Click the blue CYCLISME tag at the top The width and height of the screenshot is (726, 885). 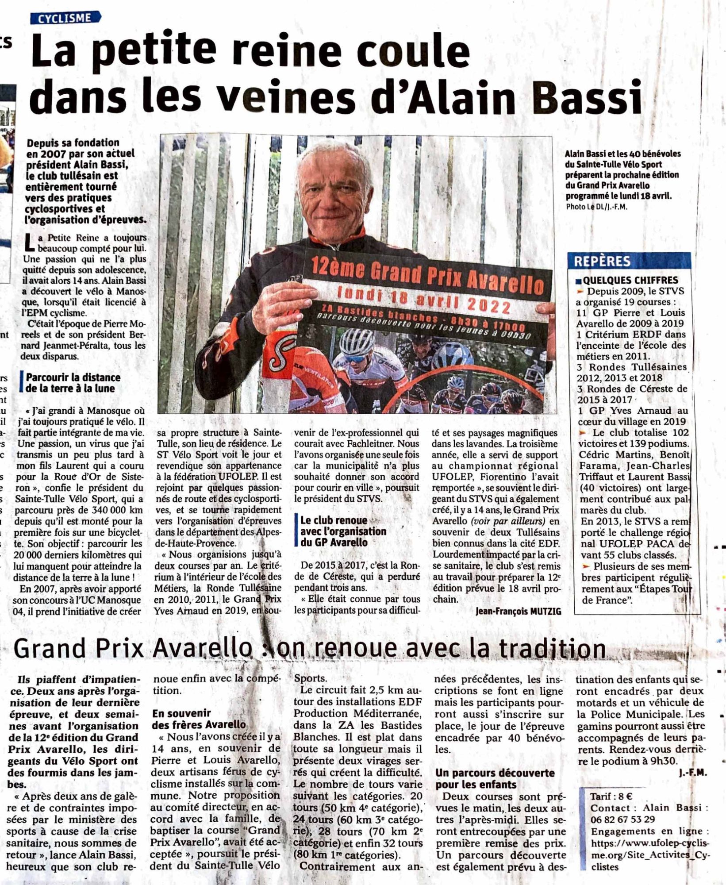[x=65, y=18]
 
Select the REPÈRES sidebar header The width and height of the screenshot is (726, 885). [x=602, y=262]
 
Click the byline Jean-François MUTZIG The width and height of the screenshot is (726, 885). [x=518, y=612]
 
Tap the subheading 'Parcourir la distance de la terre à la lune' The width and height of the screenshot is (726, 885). [x=73, y=383]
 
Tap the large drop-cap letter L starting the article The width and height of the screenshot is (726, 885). [x=30, y=243]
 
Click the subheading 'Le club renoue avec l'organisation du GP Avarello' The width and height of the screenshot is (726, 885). [x=343, y=531]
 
